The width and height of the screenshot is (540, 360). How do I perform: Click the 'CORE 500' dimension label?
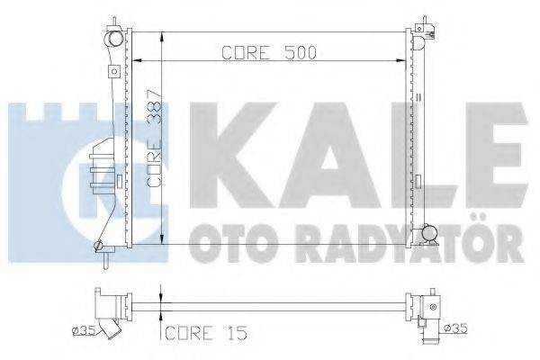pyautogui.click(x=267, y=52)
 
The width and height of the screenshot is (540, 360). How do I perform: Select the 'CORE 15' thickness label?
pyautogui.click(x=199, y=335)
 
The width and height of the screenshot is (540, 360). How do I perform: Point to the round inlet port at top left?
pyautogui.click(x=113, y=40)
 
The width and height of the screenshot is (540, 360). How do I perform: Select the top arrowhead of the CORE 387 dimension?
pyautogui.click(x=160, y=38)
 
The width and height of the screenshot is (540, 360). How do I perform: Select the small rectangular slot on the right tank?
pyautogui.click(x=420, y=94)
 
